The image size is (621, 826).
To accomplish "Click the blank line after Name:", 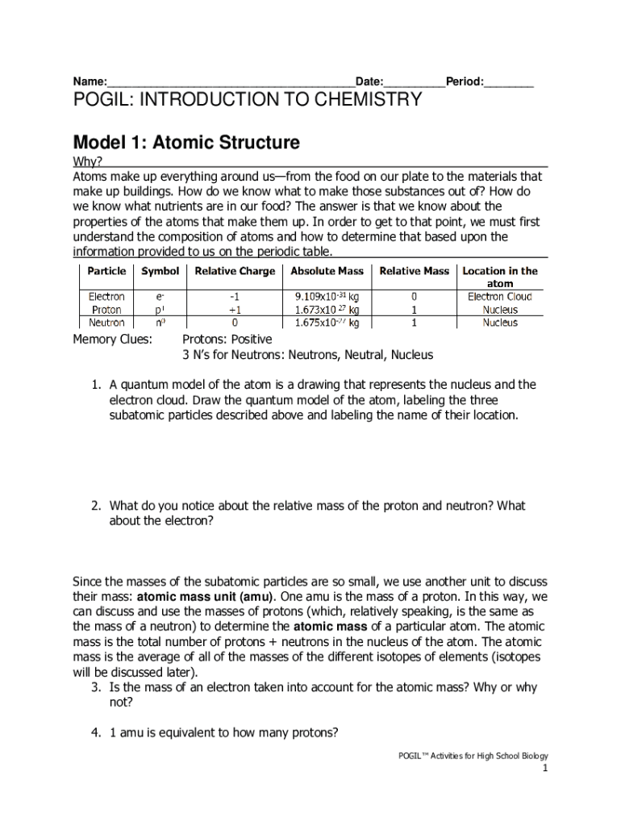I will (231, 83).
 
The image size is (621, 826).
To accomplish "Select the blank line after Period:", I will (509, 83).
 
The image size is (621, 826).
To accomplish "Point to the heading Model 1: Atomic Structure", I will (186, 143).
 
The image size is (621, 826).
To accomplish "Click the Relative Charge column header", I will (235, 271).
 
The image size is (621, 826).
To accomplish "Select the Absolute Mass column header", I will (327, 271).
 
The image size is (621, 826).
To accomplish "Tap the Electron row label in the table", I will (106, 297).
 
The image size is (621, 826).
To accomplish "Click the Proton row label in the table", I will (106, 310).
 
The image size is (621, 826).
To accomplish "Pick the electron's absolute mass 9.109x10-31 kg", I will (327, 297).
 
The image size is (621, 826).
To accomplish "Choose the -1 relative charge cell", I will (235, 297).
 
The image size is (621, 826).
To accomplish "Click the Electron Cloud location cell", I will (500, 297).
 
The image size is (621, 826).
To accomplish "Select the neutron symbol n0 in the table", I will (160, 323).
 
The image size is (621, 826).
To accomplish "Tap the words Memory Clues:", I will (112, 340).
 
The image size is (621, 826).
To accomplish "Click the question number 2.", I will (95, 506).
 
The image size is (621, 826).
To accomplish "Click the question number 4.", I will (95, 733).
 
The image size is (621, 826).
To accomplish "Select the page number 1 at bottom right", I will (544, 769).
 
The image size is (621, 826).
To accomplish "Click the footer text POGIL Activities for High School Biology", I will (473, 756).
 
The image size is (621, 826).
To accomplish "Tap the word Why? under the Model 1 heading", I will (88, 162).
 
